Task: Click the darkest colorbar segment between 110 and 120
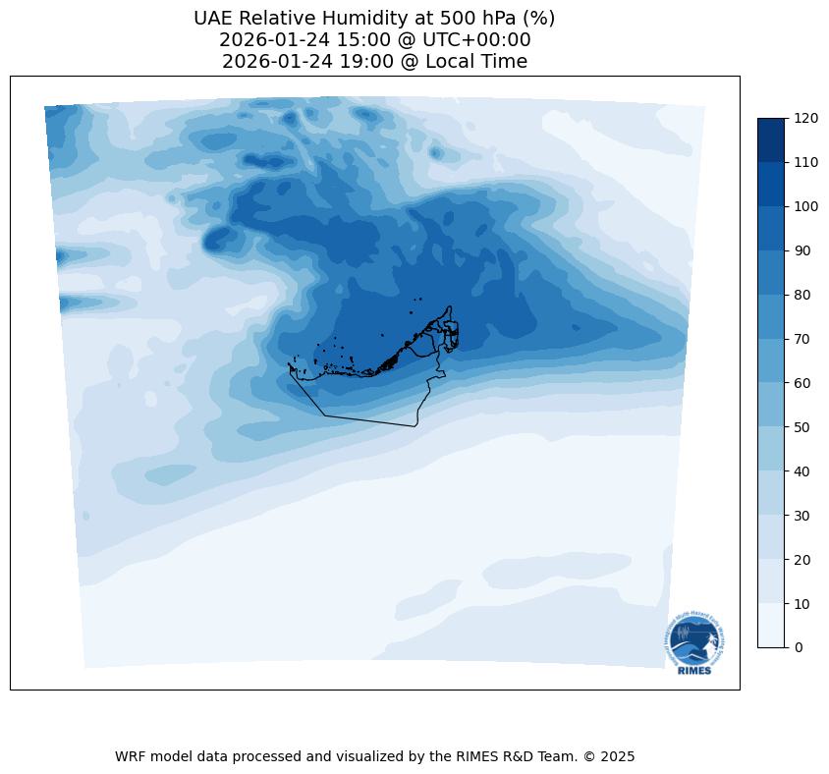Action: click(772, 139)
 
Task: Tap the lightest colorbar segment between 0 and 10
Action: click(772, 625)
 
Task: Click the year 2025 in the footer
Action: click(619, 756)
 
